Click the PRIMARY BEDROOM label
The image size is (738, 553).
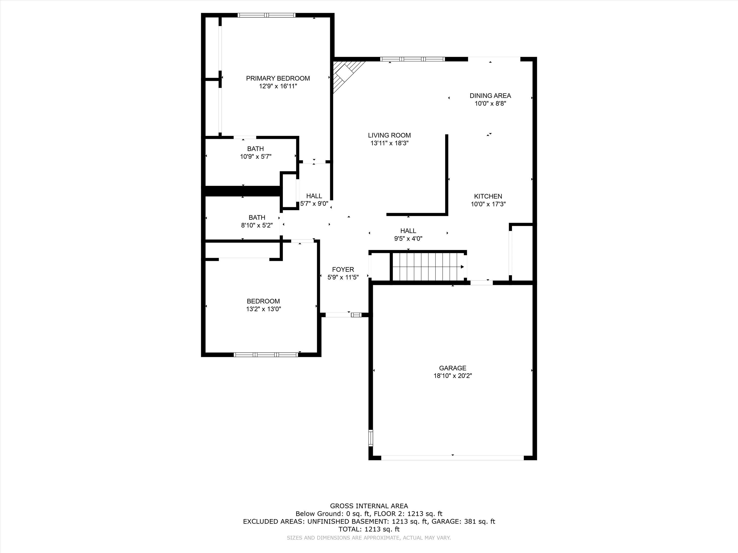point(278,78)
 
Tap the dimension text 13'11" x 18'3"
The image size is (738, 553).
point(389,143)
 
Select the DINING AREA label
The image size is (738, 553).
point(490,96)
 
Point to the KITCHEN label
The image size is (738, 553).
point(488,196)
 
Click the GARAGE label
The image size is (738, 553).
point(452,368)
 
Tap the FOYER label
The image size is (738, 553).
point(343,269)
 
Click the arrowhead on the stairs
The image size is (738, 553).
point(462,267)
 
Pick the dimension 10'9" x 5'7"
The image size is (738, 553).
point(256,157)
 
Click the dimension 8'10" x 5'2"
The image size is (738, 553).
point(257,225)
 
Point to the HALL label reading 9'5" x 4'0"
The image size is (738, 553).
point(408,231)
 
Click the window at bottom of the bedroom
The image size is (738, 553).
point(266,355)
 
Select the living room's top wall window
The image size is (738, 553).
point(412,59)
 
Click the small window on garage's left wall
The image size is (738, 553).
point(370,438)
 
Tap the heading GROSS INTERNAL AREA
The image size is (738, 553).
point(369,506)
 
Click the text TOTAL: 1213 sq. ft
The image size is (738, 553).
point(369,529)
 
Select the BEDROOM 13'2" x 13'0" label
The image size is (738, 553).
point(263,305)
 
